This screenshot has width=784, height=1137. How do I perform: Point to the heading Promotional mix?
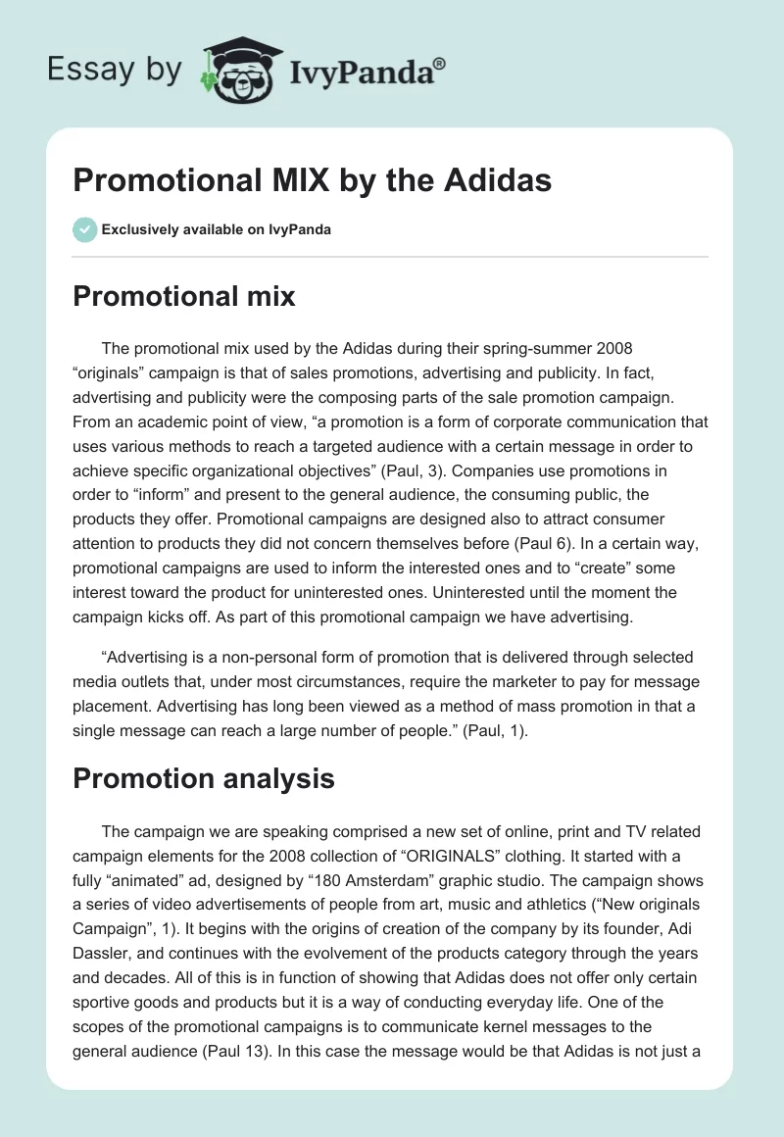(183, 296)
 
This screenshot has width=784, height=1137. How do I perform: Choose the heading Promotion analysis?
(204, 778)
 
